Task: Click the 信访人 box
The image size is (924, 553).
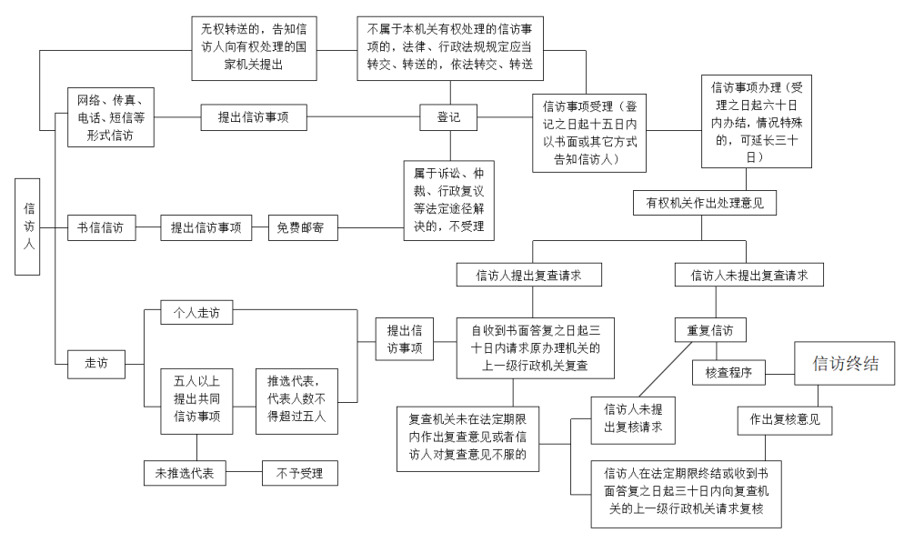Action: tap(29, 226)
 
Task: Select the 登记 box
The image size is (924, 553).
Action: tap(448, 118)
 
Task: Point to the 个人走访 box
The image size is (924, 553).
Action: tap(196, 313)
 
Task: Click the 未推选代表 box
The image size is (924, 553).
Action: tap(185, 473)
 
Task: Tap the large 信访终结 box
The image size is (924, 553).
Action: tap(845, 364)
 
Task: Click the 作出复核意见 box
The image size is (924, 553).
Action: tap(784, 420)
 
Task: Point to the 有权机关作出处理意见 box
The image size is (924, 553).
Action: tap(705, 204)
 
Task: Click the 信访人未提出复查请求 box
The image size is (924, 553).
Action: tap(748, 274)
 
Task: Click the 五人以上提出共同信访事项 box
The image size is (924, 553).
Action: tap(196, 400)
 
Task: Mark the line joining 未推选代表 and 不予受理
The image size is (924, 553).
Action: tap(244, 473)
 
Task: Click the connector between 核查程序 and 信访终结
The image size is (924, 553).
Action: tap(780, 371)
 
